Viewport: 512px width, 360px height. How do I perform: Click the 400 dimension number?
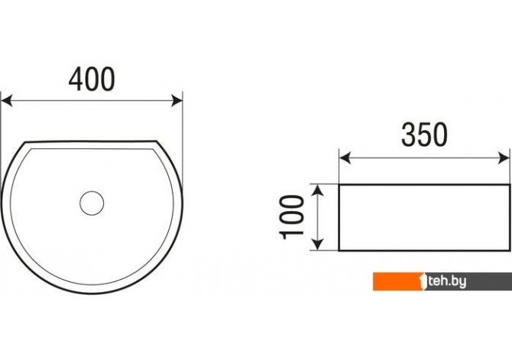tap(92, 79)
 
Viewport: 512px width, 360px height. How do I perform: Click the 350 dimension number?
tap(424, 135)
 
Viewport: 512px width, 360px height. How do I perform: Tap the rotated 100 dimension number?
tap(292, 217)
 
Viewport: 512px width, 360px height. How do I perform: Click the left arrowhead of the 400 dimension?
tap(7, 101)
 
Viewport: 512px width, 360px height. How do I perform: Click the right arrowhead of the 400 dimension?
tap(177, 101)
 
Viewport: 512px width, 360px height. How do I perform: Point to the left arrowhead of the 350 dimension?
tap(345, 158)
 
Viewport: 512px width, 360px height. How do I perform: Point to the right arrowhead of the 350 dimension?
tap(504, 158)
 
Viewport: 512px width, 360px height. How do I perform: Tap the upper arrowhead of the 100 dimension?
tap(317, 190)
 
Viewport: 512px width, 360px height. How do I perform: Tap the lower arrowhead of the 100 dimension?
tap(317, 245)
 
